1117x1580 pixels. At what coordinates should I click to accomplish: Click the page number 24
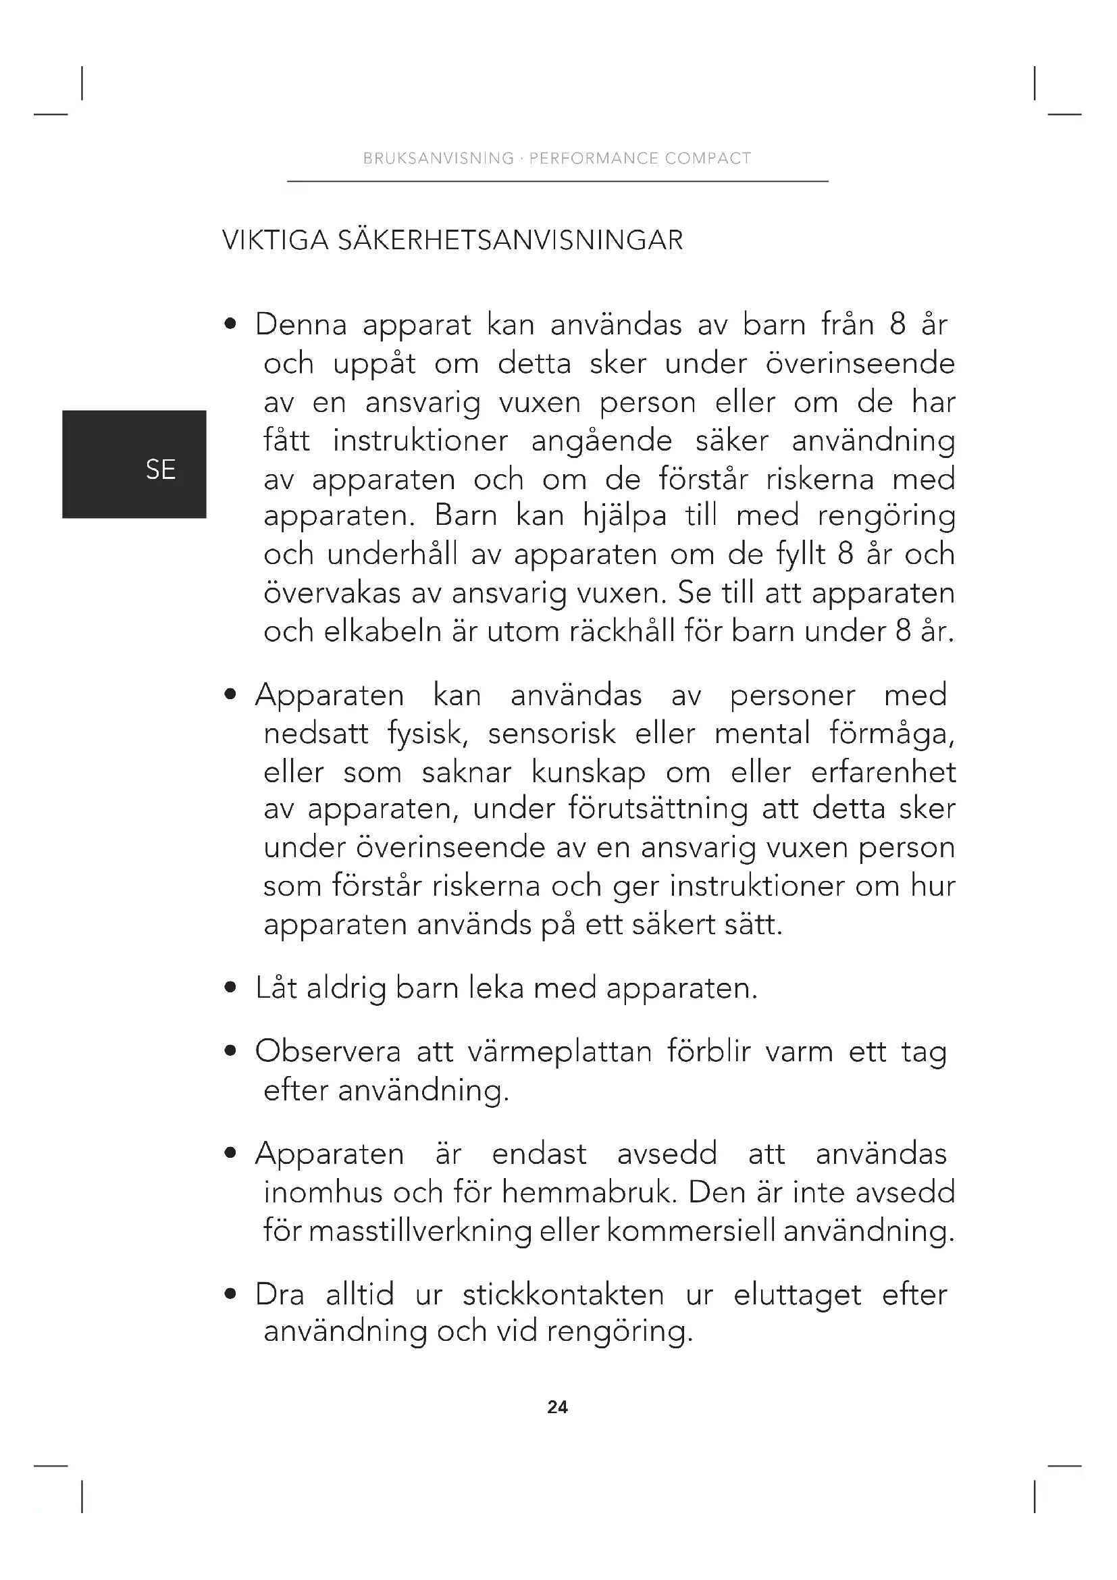coord(557,1407)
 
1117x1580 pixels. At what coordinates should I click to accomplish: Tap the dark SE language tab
coord(134,465)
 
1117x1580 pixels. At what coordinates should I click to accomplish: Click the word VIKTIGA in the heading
coord(275,241)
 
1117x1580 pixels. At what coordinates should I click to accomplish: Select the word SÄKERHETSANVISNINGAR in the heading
coord(511,241)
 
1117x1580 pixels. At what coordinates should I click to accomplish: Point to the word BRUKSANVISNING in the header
coord(439,158)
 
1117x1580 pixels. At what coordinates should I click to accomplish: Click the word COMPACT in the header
coord(708,158)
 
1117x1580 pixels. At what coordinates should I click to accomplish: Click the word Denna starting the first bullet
coord(301,325)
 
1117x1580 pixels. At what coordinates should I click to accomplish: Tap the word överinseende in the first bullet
coord(860,363)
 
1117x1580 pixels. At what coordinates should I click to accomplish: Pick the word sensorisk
coord(552,734)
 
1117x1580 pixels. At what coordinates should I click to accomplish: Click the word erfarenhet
coord(883,772)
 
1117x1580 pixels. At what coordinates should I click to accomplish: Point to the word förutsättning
coord(658,809)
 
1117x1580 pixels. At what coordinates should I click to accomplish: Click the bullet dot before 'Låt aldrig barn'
coord(231,989)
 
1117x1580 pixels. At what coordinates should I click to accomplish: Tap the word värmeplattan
coord(559,1052)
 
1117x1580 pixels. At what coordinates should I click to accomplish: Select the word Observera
coord(328,1052)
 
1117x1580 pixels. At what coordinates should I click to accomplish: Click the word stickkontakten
coord(563,1295)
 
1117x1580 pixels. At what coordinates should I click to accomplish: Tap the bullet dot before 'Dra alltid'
coord(231,1295)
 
